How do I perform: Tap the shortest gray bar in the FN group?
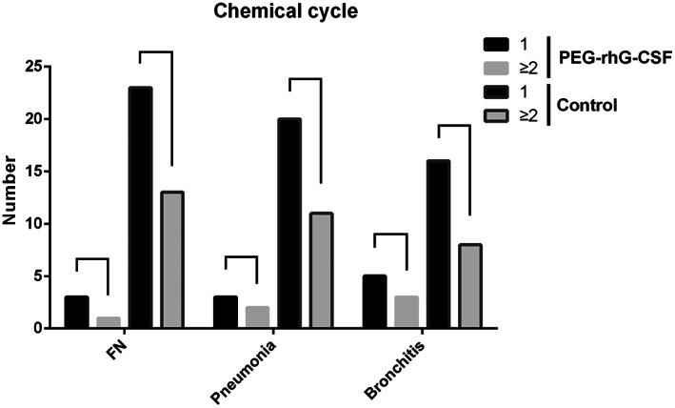(x=108, y=322)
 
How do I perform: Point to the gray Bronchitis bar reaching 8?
(x=470, y=286)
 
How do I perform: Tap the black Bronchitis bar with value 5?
(x=375, y=301)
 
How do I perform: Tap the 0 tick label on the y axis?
(x=38, y=328)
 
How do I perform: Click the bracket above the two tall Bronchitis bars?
(x=454, y=126)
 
